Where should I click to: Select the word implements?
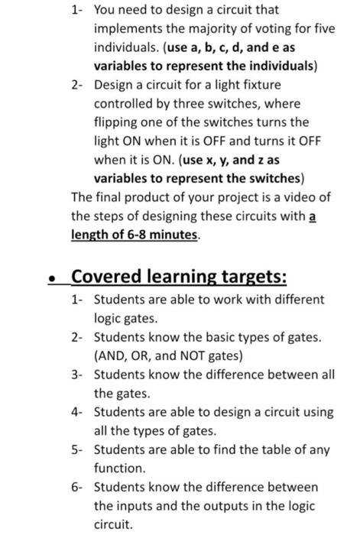click(x=126, y=30)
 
